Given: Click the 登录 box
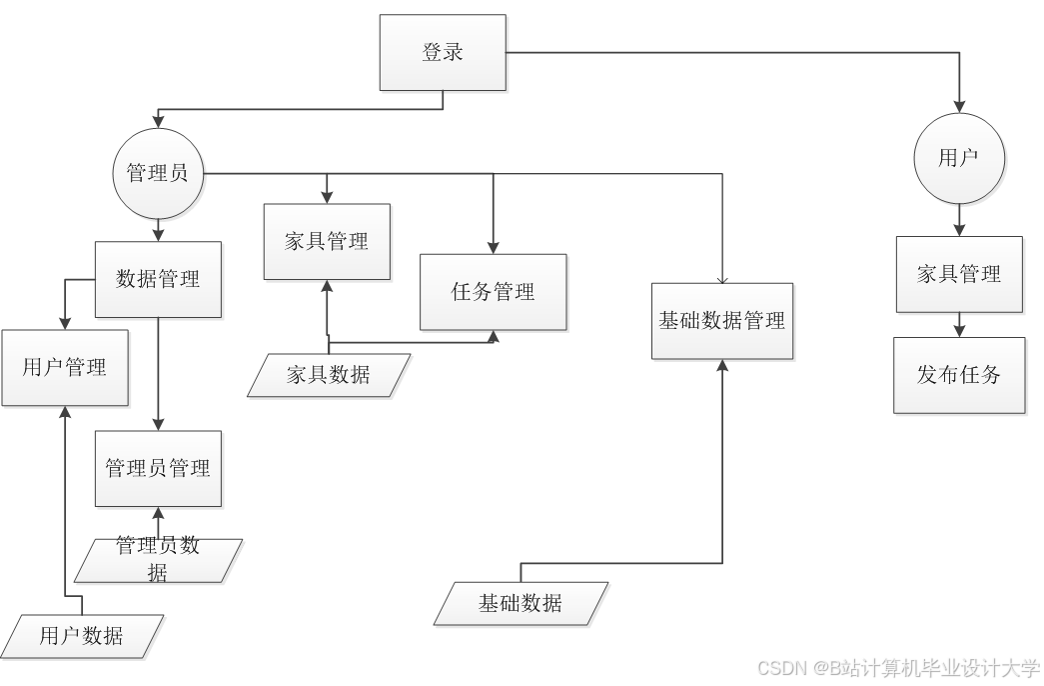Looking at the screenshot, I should click(443, 52).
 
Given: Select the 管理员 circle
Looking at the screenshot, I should click(158, 173).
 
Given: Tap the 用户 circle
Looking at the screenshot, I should click(959, 158).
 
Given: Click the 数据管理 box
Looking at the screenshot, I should click(158, 279).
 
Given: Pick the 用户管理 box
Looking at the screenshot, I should click(65, 367).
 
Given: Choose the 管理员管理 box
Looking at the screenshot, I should click(158, 468).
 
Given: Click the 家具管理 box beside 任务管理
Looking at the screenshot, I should click(327, 241).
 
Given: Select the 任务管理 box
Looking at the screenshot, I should click(494, 292).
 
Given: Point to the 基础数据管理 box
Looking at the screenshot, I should click(722, 321).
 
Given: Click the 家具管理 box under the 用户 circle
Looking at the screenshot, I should click(959, 274).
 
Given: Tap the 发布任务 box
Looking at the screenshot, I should click(959, 375).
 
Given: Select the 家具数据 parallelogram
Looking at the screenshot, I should click(329, 375).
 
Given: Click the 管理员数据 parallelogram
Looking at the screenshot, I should click(158, 560).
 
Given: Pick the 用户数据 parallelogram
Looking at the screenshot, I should click(82, 635).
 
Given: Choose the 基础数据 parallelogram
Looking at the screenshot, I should click(521, 603).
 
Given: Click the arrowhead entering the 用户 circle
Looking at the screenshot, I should click(959, 106).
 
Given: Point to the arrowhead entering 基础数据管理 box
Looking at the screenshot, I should click(722, 366).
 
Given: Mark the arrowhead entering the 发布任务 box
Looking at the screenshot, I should click(959, 330).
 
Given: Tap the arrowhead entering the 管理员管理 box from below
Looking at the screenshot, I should click(158, 514).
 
